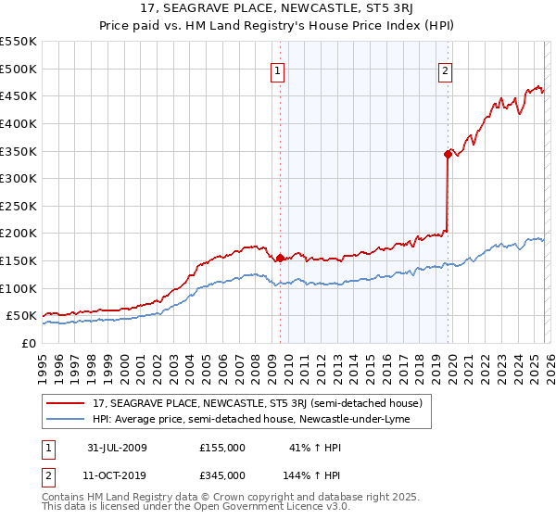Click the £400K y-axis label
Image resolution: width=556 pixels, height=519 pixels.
[x=19, y=123]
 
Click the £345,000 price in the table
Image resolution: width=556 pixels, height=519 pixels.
[x=222, y=475]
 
